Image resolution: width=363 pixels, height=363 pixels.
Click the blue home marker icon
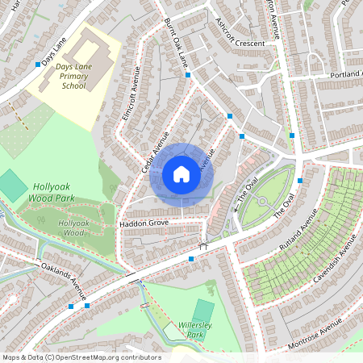pos(181,173)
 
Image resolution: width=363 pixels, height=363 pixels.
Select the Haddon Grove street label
pos(143,222)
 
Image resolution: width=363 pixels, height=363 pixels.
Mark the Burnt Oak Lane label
pos(175,42)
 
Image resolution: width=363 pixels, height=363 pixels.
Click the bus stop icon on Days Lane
pos(38,65)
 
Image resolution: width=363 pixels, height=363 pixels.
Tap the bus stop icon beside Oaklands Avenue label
pos(72,306)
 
